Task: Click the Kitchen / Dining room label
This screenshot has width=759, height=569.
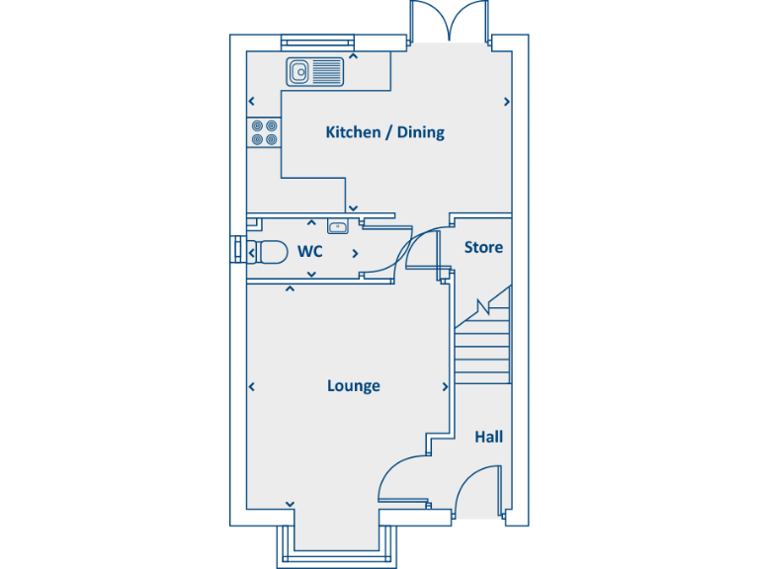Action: [x=384, y=132]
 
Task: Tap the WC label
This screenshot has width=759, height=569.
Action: [x=310, y=252]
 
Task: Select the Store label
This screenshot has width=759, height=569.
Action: [x=483, y=247]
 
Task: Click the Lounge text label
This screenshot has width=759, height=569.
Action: [x=353, y=386]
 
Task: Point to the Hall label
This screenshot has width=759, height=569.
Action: [x=488, y=437]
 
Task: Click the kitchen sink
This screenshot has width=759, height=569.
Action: [x=315, y=71]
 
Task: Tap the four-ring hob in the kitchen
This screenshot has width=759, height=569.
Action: [x=264, y=132]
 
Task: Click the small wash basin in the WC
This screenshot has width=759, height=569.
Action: [x=337, y=227]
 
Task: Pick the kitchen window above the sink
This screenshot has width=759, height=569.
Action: [x=316, y=41]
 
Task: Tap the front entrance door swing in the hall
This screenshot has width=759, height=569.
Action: [x=478, y=489]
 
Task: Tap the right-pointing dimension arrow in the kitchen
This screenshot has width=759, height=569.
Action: [x=507, y=101]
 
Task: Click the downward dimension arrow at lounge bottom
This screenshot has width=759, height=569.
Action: [x=291, y=505]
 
